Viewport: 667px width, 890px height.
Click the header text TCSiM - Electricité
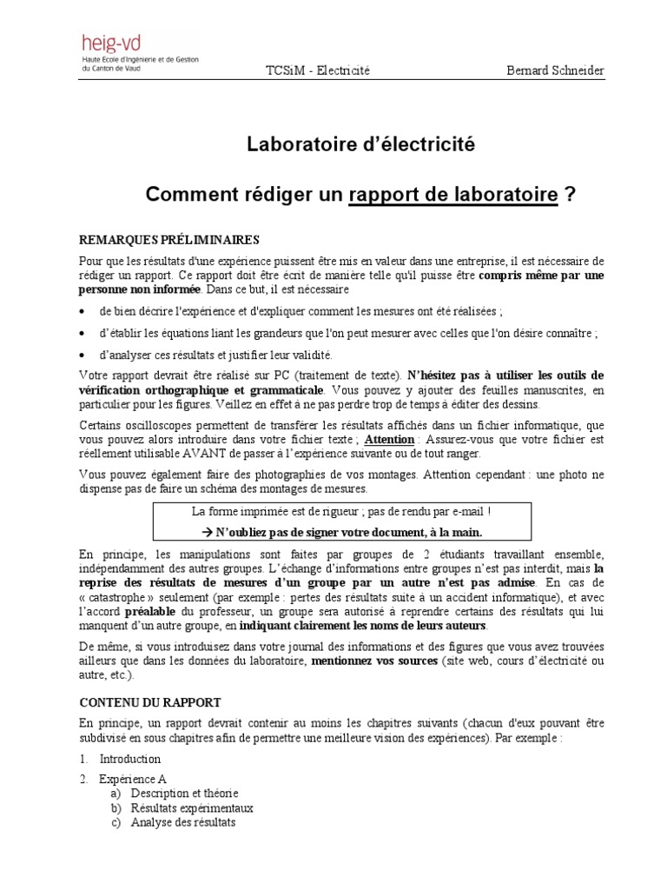coord(320,70)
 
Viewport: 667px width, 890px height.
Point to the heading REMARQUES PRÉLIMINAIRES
coord(168,239)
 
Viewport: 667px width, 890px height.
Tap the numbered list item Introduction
coord(129,759)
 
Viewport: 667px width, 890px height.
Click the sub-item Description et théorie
coord(183,794)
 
